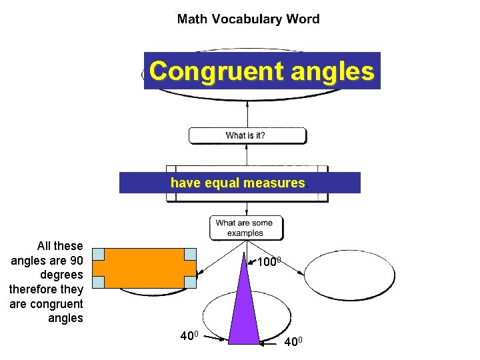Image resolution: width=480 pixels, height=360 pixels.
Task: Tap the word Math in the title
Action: click(x=191, y=19)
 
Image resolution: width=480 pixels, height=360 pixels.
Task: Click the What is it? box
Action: click(x=247, y=135)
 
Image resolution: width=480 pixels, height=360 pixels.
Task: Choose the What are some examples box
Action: click(x=245, y=228)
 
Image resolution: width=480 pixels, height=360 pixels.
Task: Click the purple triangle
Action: click(x=244, y=307)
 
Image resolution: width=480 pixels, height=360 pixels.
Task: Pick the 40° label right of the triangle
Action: click(x=293, y=342)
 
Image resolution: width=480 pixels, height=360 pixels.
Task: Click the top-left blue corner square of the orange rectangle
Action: click(x=98, y=254)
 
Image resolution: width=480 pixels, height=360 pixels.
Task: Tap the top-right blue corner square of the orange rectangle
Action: click(x=190, y=254)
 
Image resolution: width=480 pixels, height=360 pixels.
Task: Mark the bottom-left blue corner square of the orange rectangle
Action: click(x=98, y=282)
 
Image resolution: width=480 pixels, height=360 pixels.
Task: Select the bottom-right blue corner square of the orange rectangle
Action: click(x=190, y=282)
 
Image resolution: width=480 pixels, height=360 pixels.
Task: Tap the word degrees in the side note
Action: click(x=62, y=275)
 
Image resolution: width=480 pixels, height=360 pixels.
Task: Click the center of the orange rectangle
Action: click(x=144, y=268)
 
